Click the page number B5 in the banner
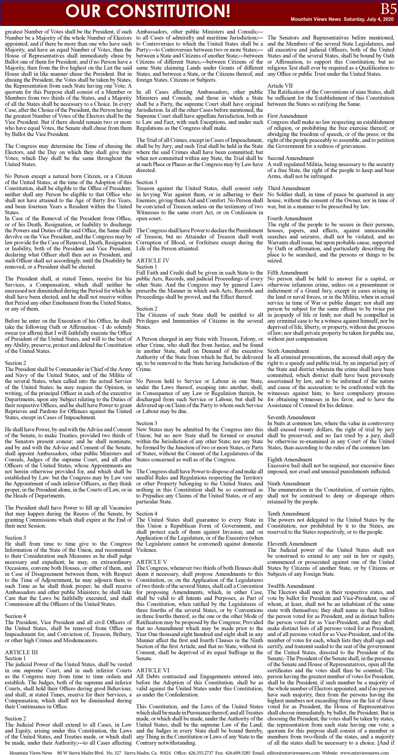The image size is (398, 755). [x=388, y=9]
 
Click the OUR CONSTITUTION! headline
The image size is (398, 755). [x=148, y=11]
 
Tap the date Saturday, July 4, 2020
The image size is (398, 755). [x=368, y=19]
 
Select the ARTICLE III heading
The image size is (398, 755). [x=21, y=652]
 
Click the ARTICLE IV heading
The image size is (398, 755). [x=153, y=261]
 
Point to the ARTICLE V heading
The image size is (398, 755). [x=152, y=562]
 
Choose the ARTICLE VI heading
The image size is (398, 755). [x=153, y=670]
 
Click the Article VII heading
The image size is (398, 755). [x=280, y=86]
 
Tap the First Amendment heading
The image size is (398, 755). [x=287, y=116]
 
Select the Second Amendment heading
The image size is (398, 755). [x=290, y=158]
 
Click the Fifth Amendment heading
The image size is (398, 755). [x=287, y=273]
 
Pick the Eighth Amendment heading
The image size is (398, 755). [x=290, y=460]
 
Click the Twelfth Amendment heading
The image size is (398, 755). [x=291, y=586]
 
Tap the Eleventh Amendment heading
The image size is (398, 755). [x=292, y=544]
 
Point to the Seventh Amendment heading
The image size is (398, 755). [x=291, y=417]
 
